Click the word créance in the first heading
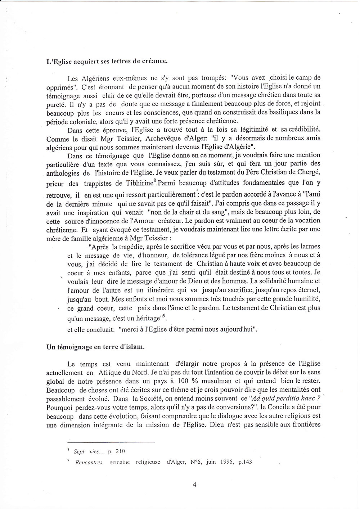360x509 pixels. pos(154,61)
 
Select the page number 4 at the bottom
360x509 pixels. pos(194,484)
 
